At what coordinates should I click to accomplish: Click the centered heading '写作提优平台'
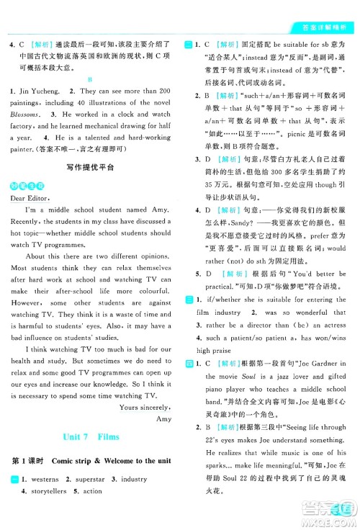(x=89, y=167)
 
